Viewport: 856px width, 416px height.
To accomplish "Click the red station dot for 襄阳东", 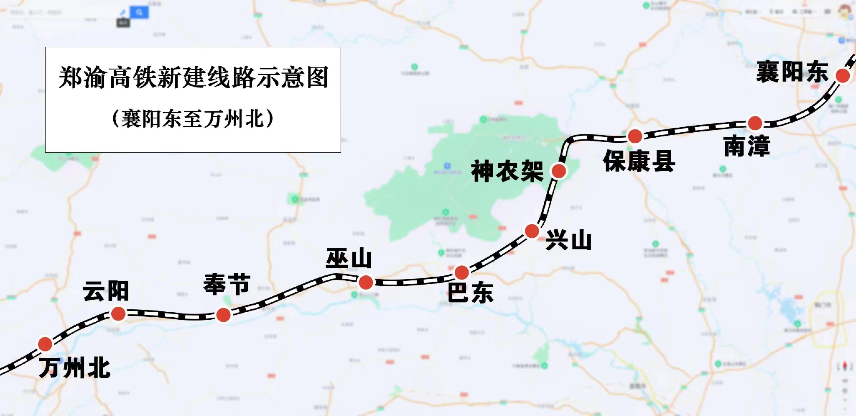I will [843, 76].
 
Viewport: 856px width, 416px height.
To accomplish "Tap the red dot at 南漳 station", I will [755, 123].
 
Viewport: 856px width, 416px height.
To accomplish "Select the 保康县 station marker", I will [635, 136].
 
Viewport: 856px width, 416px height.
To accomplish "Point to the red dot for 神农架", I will [559, 171].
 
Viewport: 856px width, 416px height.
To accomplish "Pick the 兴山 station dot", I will [532, 231].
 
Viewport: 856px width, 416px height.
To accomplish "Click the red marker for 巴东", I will [461, 272].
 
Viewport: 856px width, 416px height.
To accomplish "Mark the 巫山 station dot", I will [366, 282].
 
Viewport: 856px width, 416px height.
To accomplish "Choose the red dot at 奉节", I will [223, 315].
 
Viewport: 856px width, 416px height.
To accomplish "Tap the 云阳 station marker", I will [118, 313].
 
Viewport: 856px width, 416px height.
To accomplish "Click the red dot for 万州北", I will [45, 344].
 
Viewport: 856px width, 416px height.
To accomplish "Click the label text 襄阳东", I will [792, 72].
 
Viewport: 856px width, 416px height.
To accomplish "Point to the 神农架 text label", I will [507, 172].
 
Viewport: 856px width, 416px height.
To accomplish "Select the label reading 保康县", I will [639, 161].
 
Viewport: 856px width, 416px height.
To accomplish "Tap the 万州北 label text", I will [75, 368].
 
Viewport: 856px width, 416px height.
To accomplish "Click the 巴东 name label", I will [470, 292].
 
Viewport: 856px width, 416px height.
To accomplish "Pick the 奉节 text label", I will [227, 284].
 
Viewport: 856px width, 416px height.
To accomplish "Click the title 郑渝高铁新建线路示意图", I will [193, 77].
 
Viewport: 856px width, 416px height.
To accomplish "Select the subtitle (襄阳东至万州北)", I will [193, 118].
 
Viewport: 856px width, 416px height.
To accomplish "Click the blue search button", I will [139, 13].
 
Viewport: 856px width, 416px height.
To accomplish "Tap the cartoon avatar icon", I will [848, 11].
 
